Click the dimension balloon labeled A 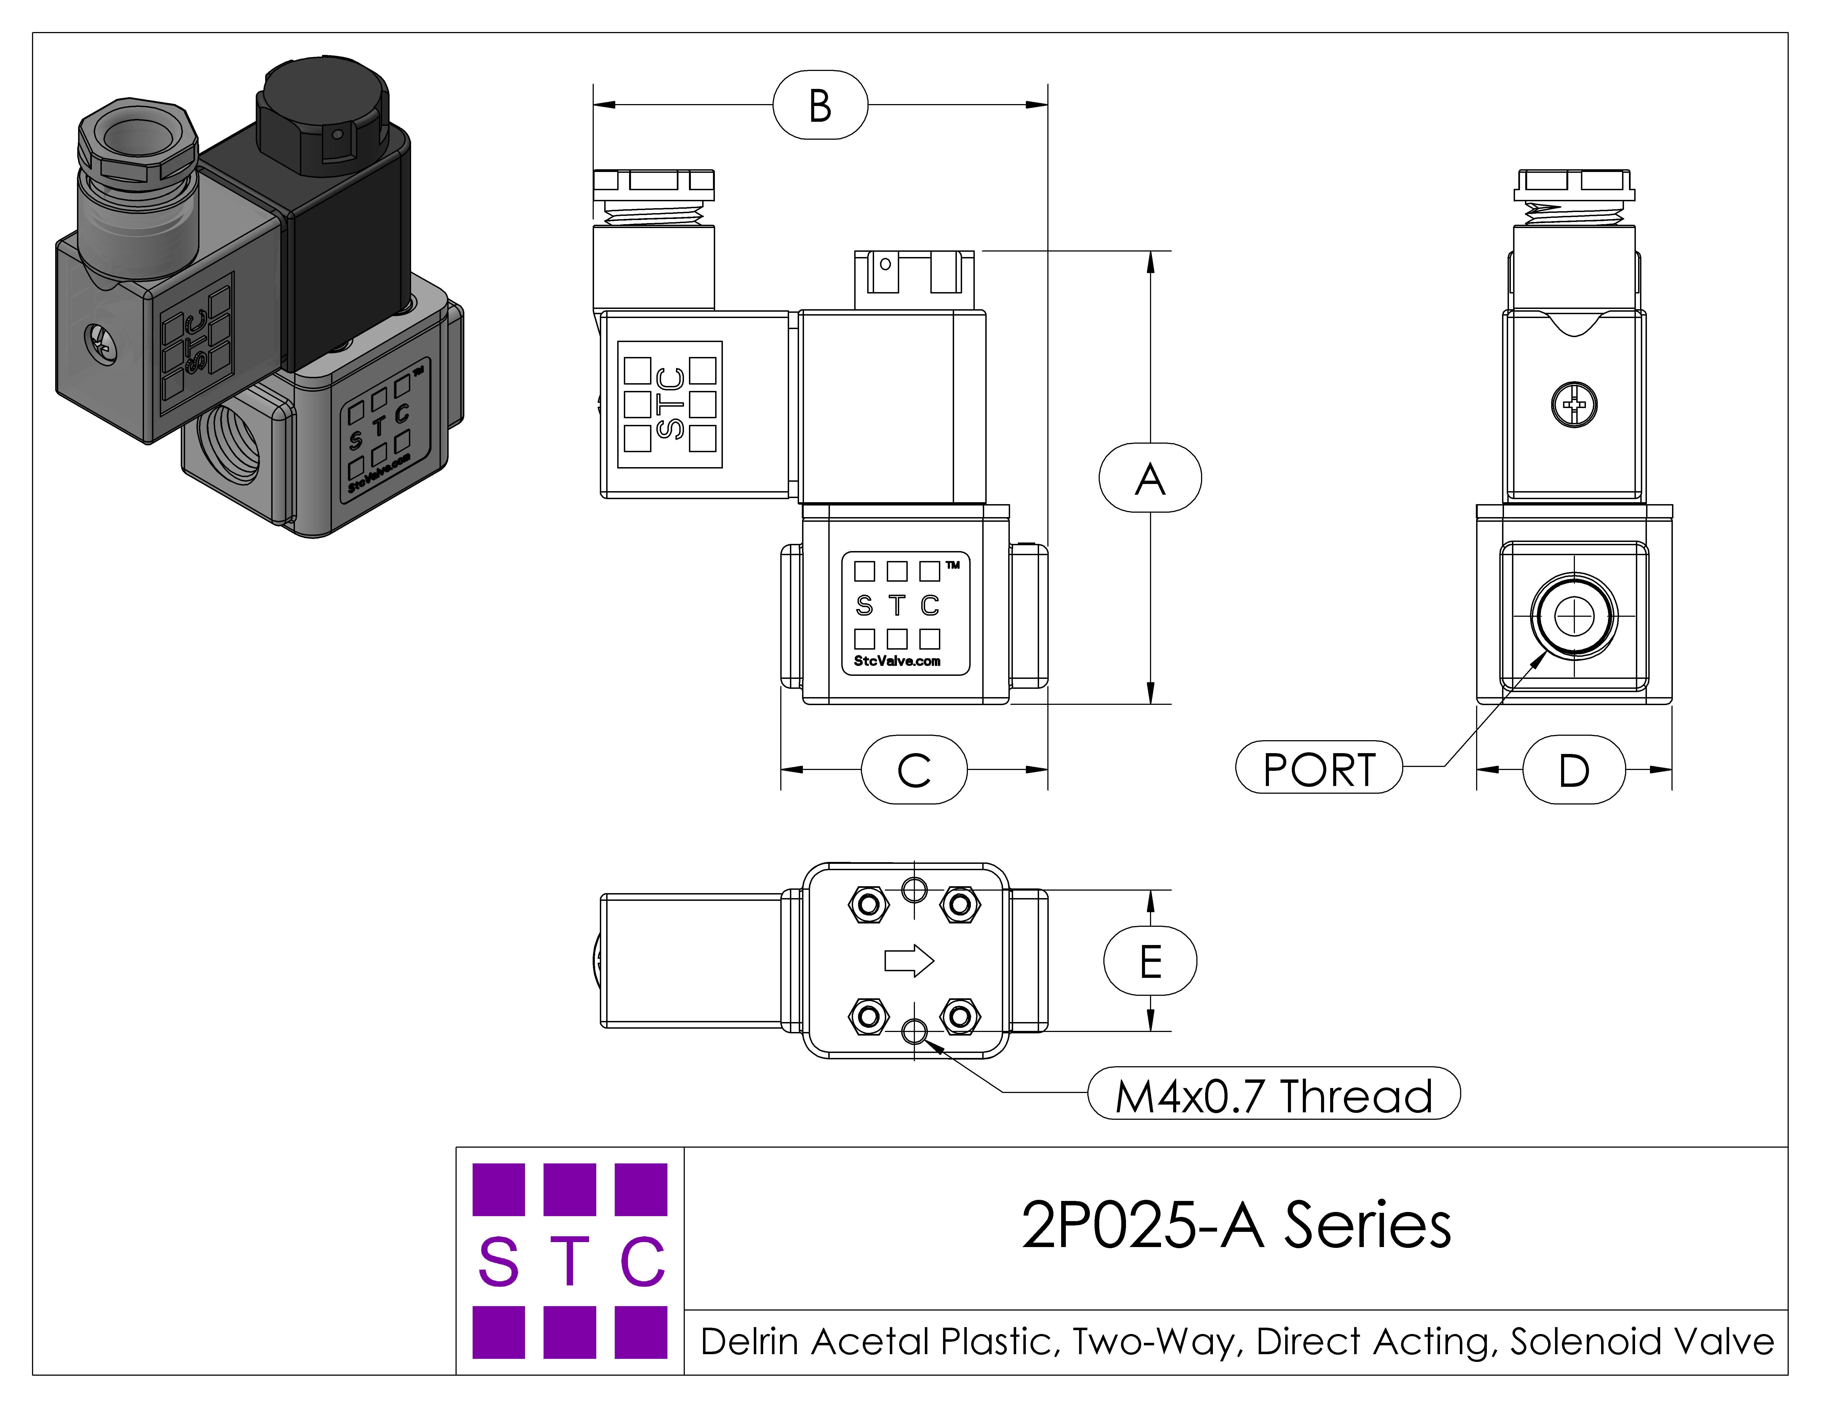[1150, 478]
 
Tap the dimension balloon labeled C [914, 769]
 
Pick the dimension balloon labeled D [1573, 769]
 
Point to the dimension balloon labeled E [1150, 961]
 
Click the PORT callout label [1318, 767]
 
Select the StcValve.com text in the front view [897, 661]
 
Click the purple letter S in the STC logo [499, 1261]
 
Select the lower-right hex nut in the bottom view [960, 1016]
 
